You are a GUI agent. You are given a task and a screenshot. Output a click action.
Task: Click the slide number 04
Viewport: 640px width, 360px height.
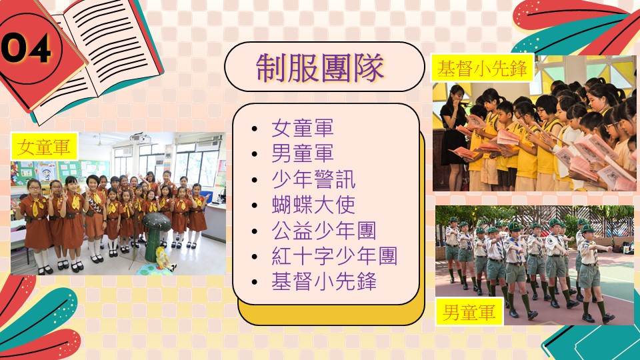pyautogui.click(x=26, y=48)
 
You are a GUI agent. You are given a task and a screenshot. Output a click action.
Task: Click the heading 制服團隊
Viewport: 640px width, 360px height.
pyautogui.click(x=320, y=67)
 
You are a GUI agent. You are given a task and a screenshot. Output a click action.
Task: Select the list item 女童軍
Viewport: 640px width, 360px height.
pyautogui.click(x=303, y=128)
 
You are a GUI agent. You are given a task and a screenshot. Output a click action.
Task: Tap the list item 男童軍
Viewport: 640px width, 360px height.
pyautogui.click(x=303, y=153)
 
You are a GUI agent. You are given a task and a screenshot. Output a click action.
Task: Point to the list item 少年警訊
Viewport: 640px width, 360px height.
pyautogui.click(x=313, y=179)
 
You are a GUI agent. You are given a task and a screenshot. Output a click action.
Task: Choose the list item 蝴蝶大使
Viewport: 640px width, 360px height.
pyautogui.click(x=313, y=205)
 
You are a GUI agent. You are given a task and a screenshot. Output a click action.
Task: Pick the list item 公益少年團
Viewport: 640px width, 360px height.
pyautogui.click(x=324, y=231)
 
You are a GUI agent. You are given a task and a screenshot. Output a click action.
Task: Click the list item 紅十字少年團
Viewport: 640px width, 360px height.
pyautogui.click(x=334, y=256)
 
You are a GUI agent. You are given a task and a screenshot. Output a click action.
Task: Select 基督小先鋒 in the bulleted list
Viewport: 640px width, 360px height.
pyautogui.click(x=324, y=281)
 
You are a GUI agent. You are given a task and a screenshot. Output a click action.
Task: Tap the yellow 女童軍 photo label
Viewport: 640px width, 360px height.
pyautogui.click(x=44, y=147)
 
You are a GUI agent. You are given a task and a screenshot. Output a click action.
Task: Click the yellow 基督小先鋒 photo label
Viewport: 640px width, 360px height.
pyautogui.click(x=483, y=68)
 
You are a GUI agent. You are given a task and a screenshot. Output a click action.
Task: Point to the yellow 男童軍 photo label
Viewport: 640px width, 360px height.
pyautogui.click(x=469, y=312)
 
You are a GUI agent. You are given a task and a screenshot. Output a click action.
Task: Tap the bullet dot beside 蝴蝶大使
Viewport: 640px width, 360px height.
pyautogui.click(x=255, y=205)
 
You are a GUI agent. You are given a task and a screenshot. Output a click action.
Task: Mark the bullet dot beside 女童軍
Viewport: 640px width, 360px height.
pyautogui.click(x=255, y=129)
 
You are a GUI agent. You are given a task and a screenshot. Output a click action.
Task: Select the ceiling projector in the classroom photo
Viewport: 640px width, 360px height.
pyautogui.click(x=140, y=137)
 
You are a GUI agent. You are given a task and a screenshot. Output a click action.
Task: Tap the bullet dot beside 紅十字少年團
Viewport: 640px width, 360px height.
pyautogui.click(x=255, y=257)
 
